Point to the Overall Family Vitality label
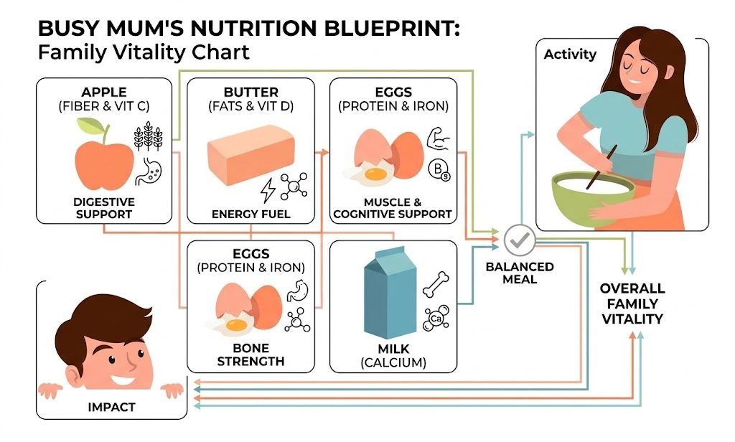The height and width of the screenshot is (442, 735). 632,304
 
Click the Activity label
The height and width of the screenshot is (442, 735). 570,55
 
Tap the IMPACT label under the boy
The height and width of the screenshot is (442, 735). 111,407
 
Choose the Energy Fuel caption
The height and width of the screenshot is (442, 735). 251,214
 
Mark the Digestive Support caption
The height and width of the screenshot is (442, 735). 104,207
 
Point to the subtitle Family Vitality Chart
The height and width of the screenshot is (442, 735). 144,53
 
